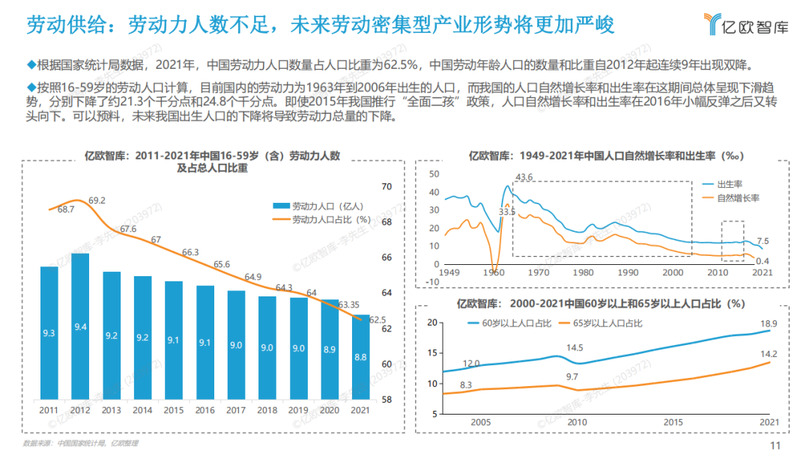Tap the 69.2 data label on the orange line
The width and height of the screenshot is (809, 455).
[97, 201]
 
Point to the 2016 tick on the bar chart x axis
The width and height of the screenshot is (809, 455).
[204, 410]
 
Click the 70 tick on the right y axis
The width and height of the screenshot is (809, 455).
[387, 186]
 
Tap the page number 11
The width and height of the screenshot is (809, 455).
[775, 445]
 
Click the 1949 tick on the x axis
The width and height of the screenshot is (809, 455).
[449, 272]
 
